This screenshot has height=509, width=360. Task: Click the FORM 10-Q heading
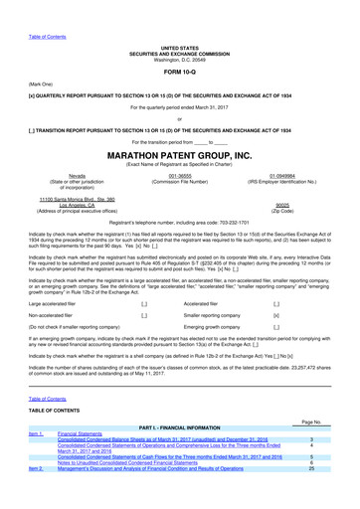(x=179, y=73)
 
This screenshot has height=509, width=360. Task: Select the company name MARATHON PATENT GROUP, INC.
(x=179, y=155)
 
